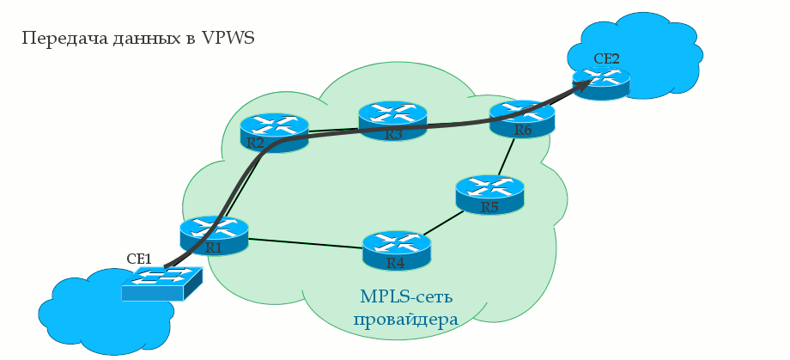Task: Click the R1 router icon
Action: click(x=214, y=235)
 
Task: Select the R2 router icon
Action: click(x=274, y=133)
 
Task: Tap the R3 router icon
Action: click(x=392, y=121)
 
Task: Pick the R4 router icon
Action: click(x=396, y=250)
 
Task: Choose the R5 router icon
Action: click(x=489, y=194)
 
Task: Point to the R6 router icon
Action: click(x=522, y=119)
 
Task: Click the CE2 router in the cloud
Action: click(x=601, y=82)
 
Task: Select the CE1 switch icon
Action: click(x=161, y=283)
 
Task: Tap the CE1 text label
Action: click(x=139, y=258)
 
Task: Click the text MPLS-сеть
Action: click(x=406, y=297)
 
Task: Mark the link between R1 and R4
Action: click(x=305, y=243)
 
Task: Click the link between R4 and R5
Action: click(x=441, y=223)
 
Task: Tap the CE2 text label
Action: click(x=606, y=58)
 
